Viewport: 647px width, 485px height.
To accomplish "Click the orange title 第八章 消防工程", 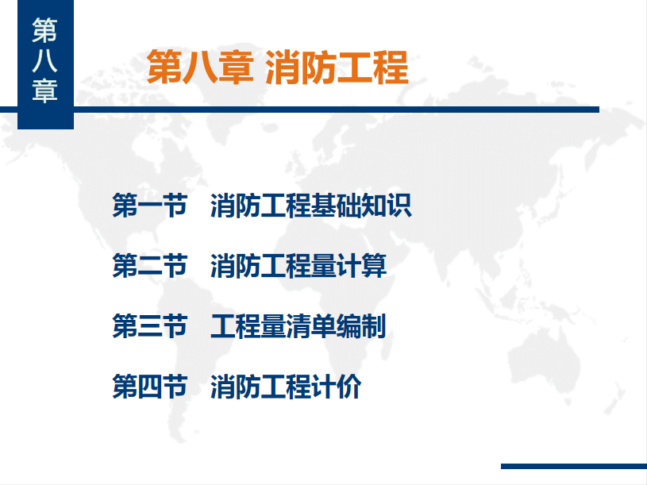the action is pyautogui.click(x=278, y=67).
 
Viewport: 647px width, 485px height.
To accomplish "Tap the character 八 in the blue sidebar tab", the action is pyautogui.click(x=45, y=61).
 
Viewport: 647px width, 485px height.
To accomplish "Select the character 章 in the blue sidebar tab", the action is pyautogui.click(x=45, y=90).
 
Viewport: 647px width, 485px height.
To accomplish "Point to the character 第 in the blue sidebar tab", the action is pyautogui.click(x=45, y=30).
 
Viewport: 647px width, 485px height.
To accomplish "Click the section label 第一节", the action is pyautogui.click(x=150, y=205).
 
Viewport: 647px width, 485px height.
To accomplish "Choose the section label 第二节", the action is pyautogui.click(x=150, y=266).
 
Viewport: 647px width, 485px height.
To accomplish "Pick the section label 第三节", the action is pyautogui.click(x=150, y=325).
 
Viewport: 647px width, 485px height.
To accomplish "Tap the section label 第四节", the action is pyautogui.click(x=150, y=387).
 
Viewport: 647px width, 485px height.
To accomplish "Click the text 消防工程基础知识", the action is pyautogui.click(x=311, y=205).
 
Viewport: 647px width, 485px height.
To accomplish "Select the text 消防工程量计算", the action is pyautogui.click(x=298, y=266).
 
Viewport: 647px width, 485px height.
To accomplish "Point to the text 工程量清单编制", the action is pyautogui.click(x=298, y=325).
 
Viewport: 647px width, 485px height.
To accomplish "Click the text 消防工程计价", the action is pyautogui.click(x=286, y=387).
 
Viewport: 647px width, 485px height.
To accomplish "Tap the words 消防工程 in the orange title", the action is pyautogui.click(x=337, y=67).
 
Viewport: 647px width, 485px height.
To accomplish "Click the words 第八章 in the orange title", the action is pyautogui.click(x=200, y=67).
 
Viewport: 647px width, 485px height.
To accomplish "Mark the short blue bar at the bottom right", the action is pyautogui.click(x=574, y=466).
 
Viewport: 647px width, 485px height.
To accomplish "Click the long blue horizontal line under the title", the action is pyautogui.click(x=299, y=110).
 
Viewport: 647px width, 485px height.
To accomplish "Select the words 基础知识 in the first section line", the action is pyautogui.click(x=361, y=205).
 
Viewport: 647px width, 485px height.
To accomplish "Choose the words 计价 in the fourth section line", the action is pyautogui.click(x=337, y=387).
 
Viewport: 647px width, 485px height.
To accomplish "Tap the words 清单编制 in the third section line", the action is pyautogui.click(x=337, y=325).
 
